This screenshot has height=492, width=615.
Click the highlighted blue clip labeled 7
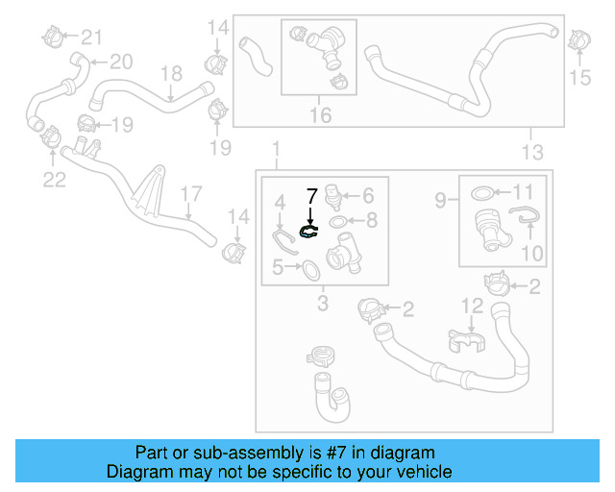click(x=308, y=231)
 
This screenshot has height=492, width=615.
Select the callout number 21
click(x=90, y=37)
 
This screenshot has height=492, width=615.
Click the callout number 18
click(x=171, y=74)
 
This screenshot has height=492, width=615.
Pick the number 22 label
click(x=54, y=178)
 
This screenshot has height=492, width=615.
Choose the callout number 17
click(x=189, y=192)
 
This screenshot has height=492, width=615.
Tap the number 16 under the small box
click(x=320, y=115)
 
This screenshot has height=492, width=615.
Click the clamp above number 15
click(x=579, y=42)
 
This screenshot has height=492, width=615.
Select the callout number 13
click(x=532, y=152)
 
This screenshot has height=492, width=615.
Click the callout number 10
click(x=531, y=254)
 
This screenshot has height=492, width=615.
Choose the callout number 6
click(x=367, y=194)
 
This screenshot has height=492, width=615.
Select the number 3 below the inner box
click(x=323, y=305)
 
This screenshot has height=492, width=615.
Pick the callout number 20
click(x=119, y=62)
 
